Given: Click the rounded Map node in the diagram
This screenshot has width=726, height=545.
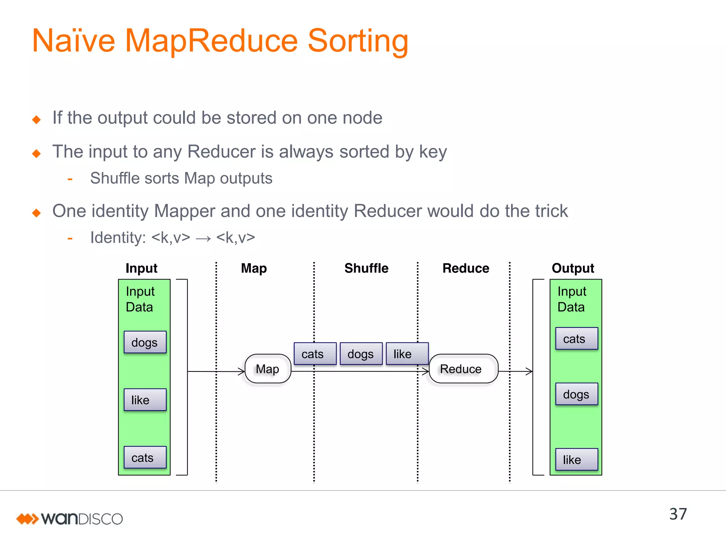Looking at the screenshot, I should click(x=268, y=369).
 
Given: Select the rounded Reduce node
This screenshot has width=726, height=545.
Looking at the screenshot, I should click(x=463, y=369).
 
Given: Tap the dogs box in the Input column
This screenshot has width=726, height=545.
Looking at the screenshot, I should click(x=145, y=342).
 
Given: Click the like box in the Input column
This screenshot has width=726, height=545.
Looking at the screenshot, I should click(x=145, y=400).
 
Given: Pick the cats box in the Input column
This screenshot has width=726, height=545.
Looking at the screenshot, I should click(x=145, y=457).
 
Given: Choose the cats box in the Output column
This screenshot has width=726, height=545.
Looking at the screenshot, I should click(x=576, y=338).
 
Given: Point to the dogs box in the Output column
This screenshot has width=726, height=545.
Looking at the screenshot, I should click(x=576, y=394).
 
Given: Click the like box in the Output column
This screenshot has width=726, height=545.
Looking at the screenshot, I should click(x=576, y=459).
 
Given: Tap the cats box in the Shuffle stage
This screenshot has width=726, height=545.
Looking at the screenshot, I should click(x=315, y=354).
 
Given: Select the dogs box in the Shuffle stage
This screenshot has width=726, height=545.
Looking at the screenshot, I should click(x=361, y=354).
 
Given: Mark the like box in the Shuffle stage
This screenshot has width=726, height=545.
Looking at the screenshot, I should click(x=407, y=354).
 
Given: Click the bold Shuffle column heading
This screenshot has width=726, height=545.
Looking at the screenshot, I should click(x=366, y=268).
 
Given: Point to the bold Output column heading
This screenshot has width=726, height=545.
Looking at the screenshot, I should click(x=573, y=268).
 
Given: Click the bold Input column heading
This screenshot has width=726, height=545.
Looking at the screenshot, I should click(x=141, y=268).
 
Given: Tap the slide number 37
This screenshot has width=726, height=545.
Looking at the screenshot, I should click(x=678, y=514).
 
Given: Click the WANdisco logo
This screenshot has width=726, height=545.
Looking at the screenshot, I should click(x=69, y=519).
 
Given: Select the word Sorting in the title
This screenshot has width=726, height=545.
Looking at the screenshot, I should click(x=358, y=41).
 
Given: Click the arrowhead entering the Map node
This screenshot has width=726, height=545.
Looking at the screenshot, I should click(x=242, y=371).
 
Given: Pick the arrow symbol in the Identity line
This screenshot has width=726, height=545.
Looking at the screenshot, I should click(x=203, y=238).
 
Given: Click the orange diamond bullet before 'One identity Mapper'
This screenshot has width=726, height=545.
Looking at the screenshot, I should click(x=37, y=213).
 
